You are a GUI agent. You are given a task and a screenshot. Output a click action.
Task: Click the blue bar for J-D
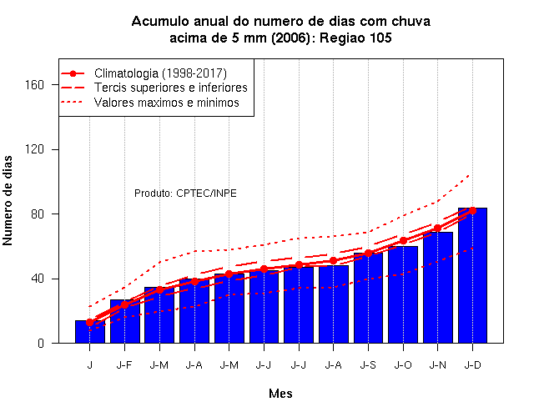tap(472, 275)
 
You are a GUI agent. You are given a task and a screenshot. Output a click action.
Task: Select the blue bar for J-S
tap(368, 298)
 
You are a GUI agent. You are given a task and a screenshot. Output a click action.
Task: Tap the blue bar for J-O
tap(403, 294)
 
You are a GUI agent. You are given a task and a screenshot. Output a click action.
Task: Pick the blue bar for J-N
tap(438, 288)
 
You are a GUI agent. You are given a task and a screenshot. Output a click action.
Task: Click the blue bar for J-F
tap(125, 321)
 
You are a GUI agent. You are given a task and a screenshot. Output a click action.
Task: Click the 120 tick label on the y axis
tap(35, 149)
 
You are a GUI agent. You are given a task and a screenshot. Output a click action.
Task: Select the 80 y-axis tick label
tap(38, 214)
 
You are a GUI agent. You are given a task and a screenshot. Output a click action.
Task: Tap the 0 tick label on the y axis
tap(41, 343)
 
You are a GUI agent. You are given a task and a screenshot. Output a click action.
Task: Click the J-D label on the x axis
tap(473, 365)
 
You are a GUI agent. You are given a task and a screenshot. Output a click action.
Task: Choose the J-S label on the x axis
tap(368, 365)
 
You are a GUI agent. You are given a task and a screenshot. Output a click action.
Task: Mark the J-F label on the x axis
tap(124, 365)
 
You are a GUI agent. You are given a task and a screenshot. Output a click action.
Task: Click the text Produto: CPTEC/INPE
tap(185, 193)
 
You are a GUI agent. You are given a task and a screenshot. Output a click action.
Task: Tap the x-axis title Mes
tap(280, 394)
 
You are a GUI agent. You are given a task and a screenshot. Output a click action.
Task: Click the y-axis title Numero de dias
tap(8, 200)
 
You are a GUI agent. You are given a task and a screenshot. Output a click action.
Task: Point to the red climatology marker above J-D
tap(472, 211)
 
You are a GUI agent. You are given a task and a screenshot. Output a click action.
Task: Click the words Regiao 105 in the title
tap(355, 38)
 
